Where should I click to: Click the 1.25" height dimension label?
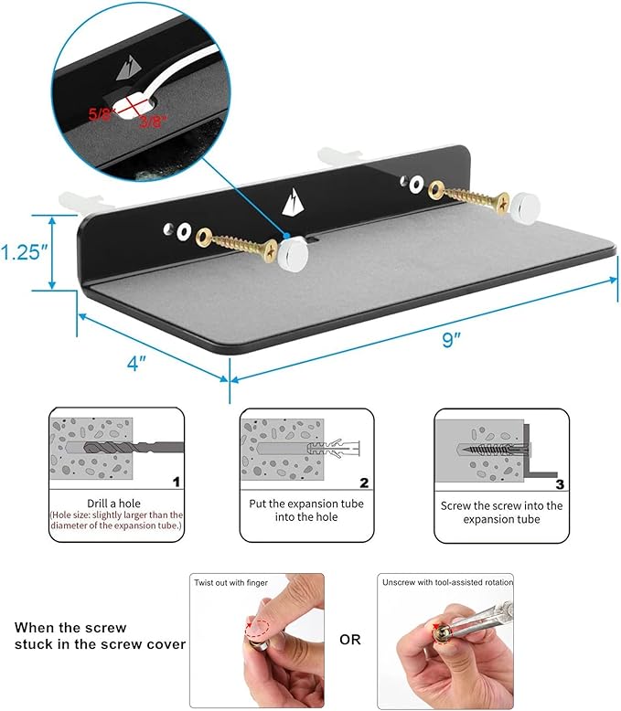pyautogui.click(x=24, y=252)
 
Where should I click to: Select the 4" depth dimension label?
pyautogui.click(x=136, y=363)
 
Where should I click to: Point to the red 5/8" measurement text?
pyautogui.click(x=100, y=114)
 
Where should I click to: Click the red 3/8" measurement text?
pyautogui.click(x=154, y=121)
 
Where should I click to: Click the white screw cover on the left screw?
pyautogui.click(x=294, y=255)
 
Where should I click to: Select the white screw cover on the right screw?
pyautogui.click(x=524, y=207)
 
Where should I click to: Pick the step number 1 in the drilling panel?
pyautogui.click(x=177, y=482)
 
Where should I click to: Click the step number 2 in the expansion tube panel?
pyautogui.click(x=364, y=483)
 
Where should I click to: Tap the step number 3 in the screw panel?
pyautogui.click(x=560, y=484)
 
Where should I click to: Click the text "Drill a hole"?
pyautogui.click(x=113, y=504)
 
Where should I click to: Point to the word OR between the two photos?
pyautogui.click(x=350, y=640)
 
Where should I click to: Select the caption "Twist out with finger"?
pyautogui.click(x=231, y=583)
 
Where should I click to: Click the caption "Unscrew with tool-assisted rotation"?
pyautogui.click(x=447, y=582)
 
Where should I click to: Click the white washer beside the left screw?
pyautogui.click(x=183, y=231)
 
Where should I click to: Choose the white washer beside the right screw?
pyautogui.click(x=416, y=185)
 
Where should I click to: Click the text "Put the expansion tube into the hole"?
pyautogui.click(x=306, y=510)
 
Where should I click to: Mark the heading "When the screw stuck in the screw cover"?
pyautogui.click(x=100, y=636)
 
